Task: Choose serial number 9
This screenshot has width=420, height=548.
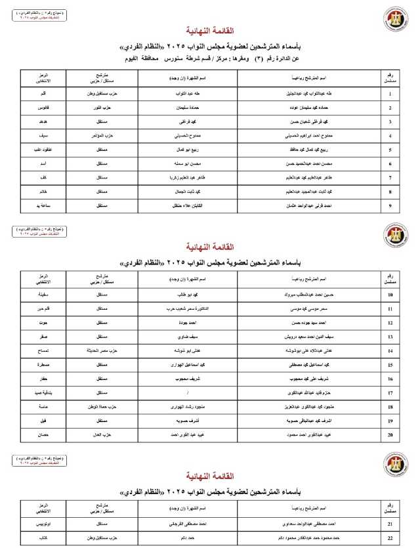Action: click(390, 206)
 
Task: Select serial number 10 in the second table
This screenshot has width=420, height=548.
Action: click(390, 295)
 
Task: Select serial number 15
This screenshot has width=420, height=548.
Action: click(390, 365)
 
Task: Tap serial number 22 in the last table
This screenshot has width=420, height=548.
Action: click(390, 537)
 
